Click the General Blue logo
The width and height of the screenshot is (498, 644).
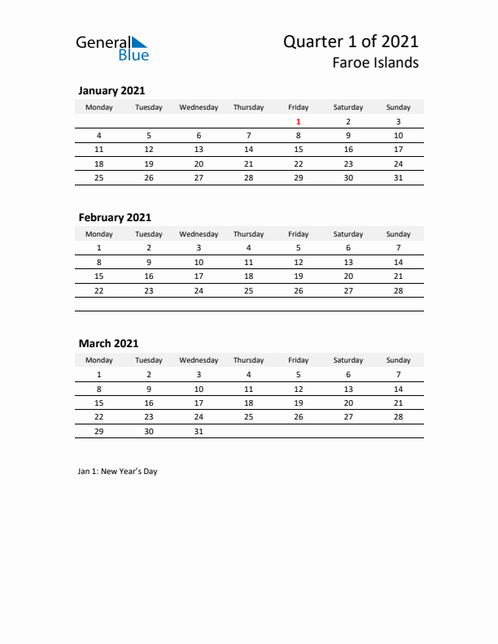tap(112, 48)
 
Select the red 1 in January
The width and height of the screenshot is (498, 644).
tap(299, 121)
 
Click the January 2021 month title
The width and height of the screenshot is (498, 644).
tap(111, 91)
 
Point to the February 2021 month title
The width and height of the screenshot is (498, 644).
tap(115, 217)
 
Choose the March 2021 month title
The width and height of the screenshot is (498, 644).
tap(108, 344)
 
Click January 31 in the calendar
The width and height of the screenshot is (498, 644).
tap(398, 177)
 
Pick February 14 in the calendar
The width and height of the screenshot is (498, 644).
tap(398, 262)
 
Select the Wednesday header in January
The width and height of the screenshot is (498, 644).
tap(199, 107)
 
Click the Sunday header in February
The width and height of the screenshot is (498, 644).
tap(398, 233)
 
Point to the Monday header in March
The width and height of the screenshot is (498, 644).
tap(99, 360)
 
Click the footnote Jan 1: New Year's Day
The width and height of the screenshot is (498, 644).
tap(118, 472)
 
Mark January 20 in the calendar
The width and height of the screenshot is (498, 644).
tap(199, 163)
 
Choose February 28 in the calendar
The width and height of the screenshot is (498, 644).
tap(398, 290)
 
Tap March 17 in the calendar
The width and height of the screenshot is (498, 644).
tap(199, 402)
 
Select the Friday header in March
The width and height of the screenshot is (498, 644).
tap(299, 360)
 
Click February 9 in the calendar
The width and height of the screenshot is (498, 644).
tap(149, 262)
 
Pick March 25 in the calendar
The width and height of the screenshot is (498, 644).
tap(249, 416)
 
